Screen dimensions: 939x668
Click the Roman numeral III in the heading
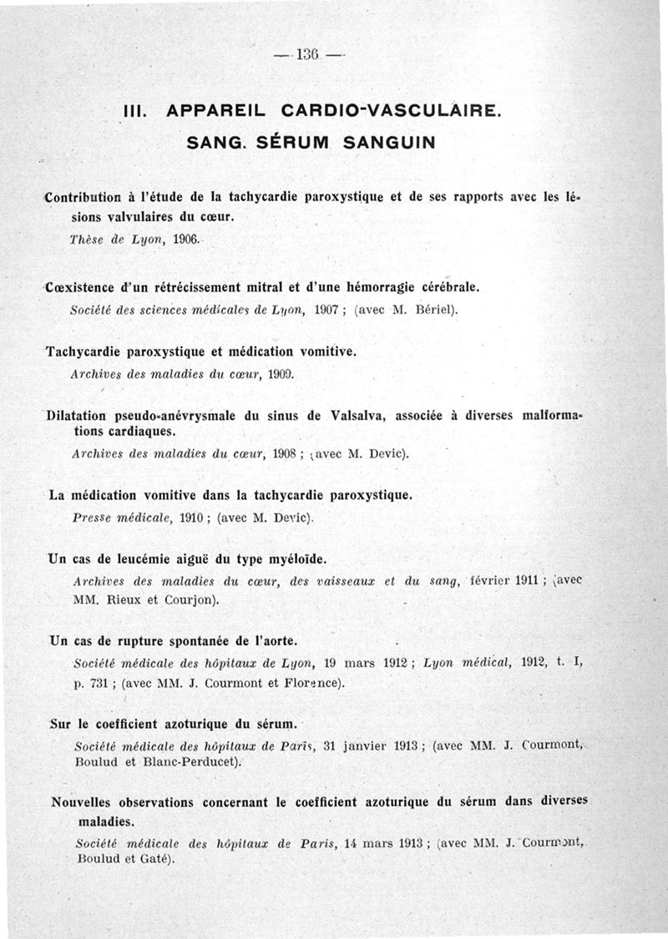click(x=136, y=111)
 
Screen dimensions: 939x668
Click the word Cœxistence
click(x=80, y=287)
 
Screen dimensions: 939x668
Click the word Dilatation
click(x=81, y=415)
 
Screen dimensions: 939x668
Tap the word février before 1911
click(x=498, y=582)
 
